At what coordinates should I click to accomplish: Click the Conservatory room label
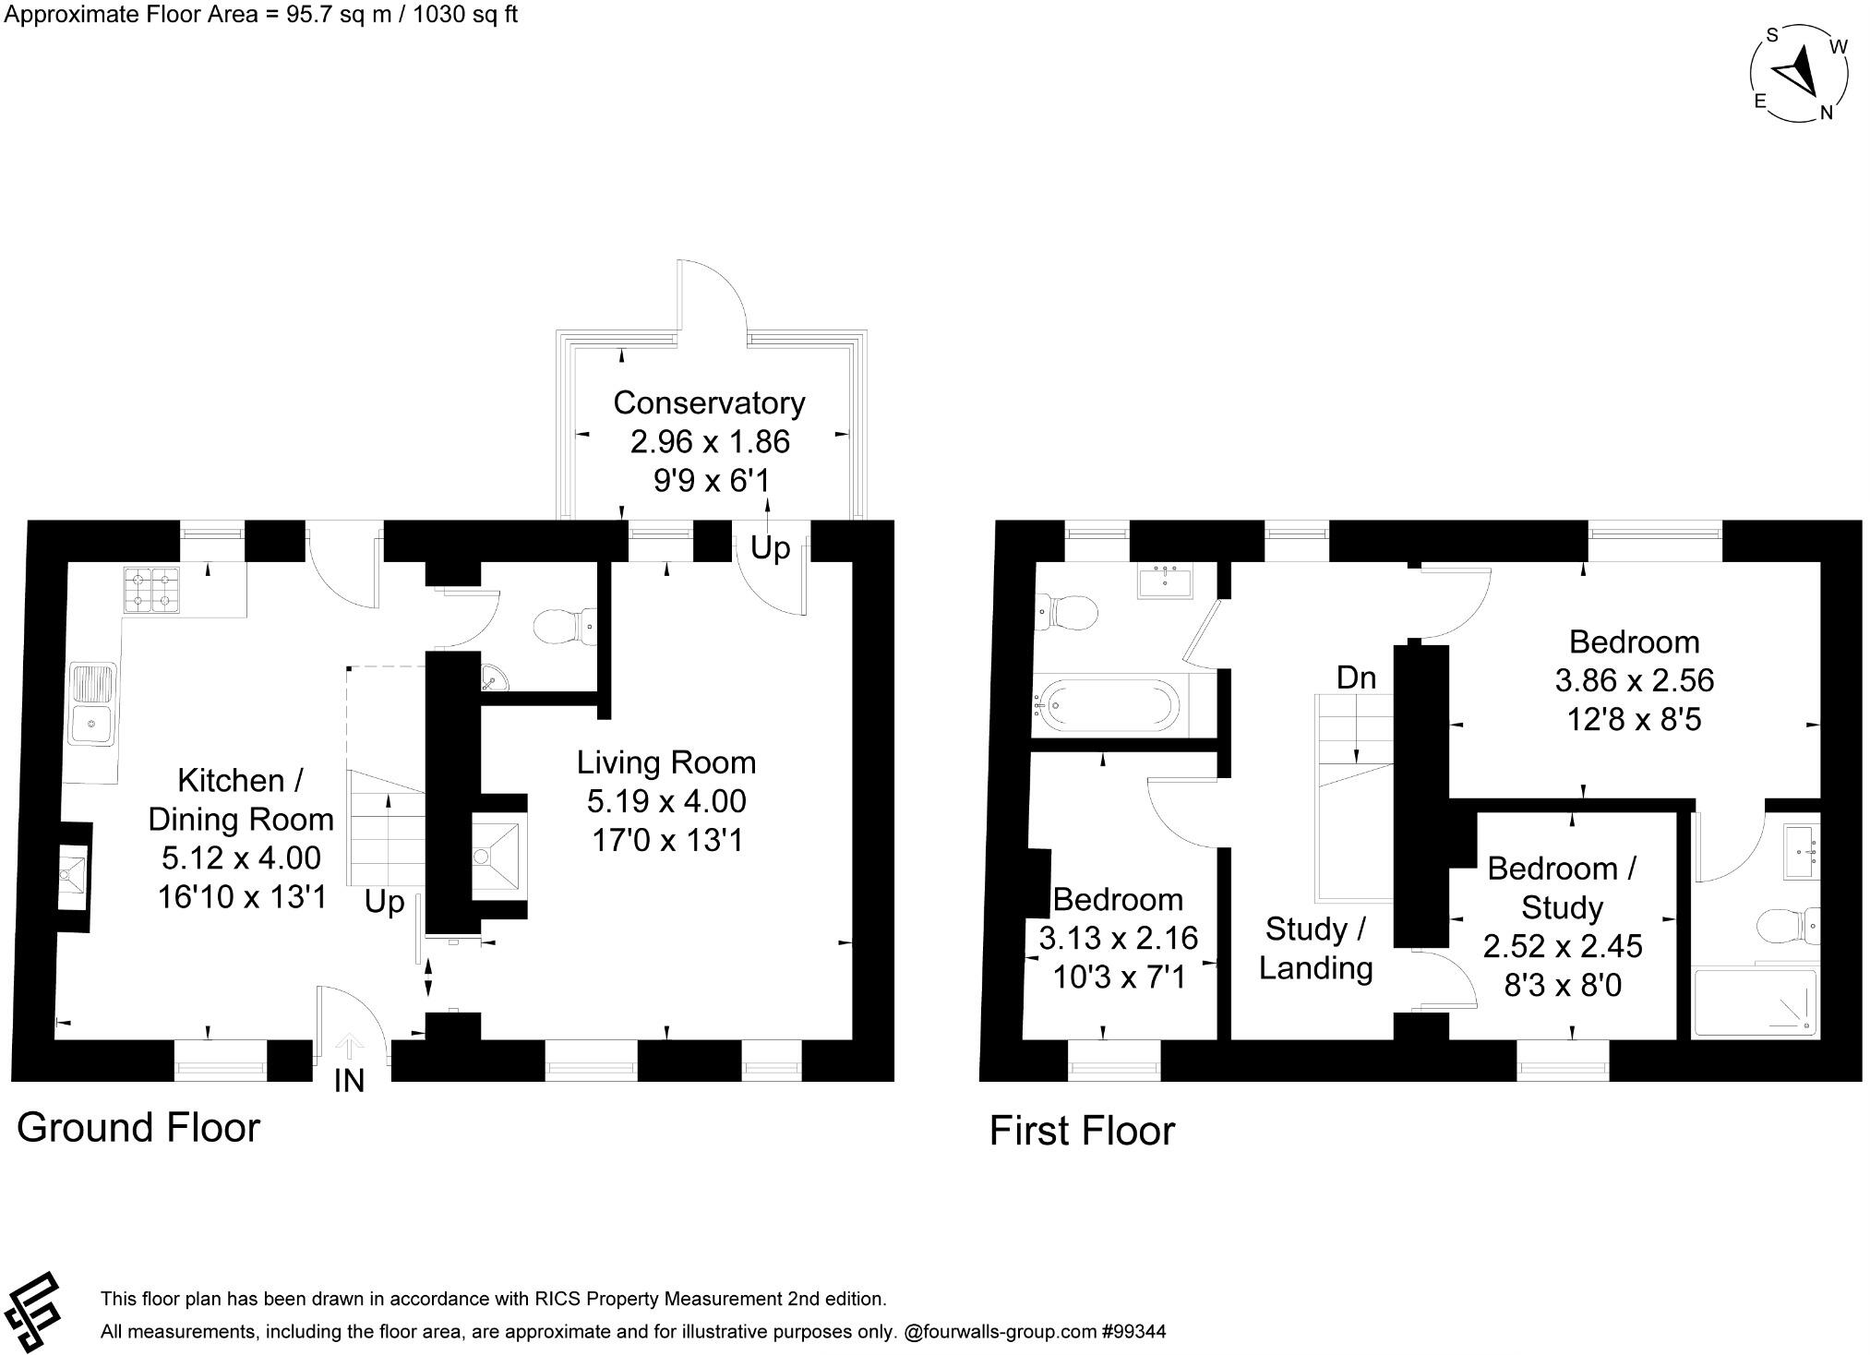709,403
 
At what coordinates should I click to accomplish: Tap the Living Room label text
665,762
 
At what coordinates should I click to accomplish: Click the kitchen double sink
93,703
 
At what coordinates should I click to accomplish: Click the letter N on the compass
1825,114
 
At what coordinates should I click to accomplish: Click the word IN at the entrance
349,1081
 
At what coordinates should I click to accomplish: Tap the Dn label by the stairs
1356,678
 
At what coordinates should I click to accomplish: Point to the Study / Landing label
1315,949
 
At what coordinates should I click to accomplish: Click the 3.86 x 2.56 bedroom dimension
1634,681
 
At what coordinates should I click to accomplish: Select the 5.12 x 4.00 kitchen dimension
242,858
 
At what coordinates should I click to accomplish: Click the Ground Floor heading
138,1128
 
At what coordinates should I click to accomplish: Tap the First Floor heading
1082,1132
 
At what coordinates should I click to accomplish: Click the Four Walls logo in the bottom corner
30,1312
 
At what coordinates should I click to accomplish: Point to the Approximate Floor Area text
261,16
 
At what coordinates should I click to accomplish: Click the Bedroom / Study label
1562,888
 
